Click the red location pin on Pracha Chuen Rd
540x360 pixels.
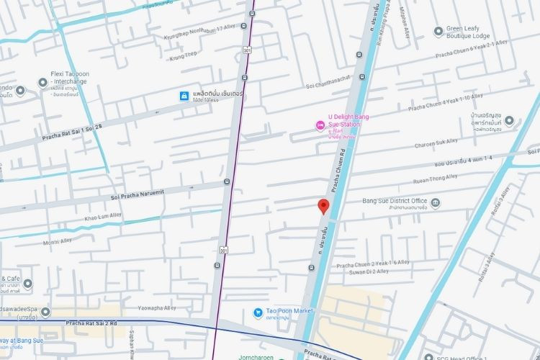click(324, 206)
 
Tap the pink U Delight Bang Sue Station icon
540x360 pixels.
click(320, 126)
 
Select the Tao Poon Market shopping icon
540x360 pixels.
click(258, 312)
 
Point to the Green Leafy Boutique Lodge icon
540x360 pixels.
click(438, 31)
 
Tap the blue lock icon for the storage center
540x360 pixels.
click(184, 96)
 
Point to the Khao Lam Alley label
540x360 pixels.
click(104, 216)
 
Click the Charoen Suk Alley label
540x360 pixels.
click(446, 143)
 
